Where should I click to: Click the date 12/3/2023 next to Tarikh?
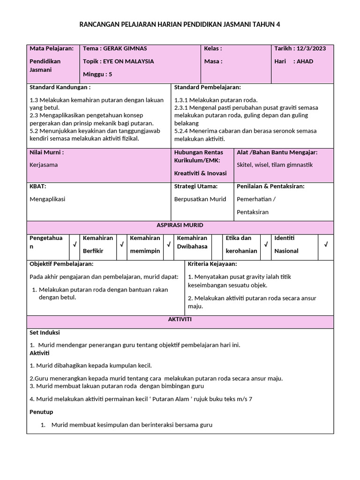312,48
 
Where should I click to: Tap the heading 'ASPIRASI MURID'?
180,225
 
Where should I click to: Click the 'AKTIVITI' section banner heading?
180,319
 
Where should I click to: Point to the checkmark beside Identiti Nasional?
326,244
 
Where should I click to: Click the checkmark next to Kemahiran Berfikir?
121,244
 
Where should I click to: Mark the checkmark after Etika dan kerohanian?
266,244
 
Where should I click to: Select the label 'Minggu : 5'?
97,74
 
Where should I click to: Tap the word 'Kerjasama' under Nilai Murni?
44,165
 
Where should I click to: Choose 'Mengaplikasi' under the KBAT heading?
47,199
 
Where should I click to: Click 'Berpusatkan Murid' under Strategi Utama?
200,199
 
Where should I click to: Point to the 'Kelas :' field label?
213,48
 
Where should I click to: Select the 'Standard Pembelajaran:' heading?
207,87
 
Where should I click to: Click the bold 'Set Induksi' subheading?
45,332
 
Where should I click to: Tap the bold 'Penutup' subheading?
41,412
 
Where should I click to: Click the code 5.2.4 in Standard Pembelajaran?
181,131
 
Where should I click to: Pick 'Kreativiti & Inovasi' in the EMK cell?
200,173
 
